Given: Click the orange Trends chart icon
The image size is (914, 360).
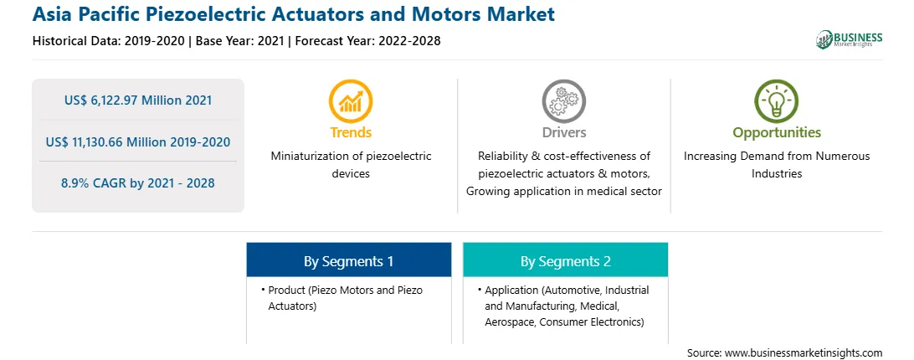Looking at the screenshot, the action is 351,101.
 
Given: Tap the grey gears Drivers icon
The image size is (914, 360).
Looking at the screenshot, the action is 563,101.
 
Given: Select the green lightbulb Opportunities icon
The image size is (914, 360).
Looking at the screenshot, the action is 777,101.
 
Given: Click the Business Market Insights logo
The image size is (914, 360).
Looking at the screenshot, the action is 850,39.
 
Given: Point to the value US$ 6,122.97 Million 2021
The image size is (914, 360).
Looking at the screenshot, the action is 138,100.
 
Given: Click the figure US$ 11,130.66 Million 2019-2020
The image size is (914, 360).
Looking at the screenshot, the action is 138,141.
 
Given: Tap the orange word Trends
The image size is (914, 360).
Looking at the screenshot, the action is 351,132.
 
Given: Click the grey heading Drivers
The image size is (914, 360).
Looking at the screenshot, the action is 564,132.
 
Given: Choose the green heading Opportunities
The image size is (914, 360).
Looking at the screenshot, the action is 777,132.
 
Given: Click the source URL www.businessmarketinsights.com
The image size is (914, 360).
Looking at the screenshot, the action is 804,353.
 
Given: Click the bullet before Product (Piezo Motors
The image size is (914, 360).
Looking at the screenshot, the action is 263,289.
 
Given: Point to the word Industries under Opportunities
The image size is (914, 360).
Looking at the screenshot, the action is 777,174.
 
